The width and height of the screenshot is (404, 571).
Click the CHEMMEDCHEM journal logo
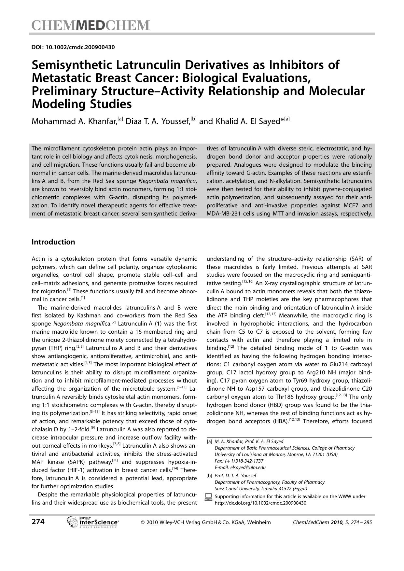tap(91, 25)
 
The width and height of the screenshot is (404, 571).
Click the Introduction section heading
tap(53, 242)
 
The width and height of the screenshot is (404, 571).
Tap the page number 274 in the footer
tap(38, 522)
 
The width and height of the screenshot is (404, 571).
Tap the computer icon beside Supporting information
tap(209, 497)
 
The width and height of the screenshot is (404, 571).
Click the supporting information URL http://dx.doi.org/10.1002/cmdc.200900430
tap(261, 503)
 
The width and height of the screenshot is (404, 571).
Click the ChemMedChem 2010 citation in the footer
tap(332, 522)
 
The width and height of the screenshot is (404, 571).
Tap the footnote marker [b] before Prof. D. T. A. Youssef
tap(209, 476)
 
